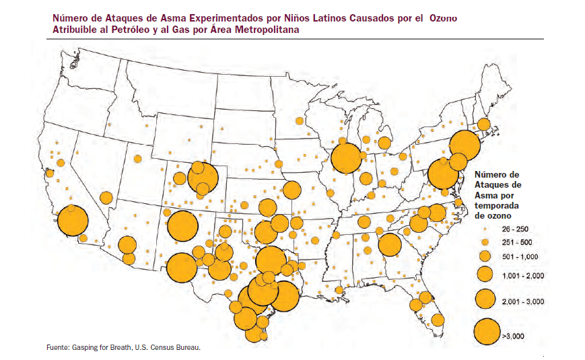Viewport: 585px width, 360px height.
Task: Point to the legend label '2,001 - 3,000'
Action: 522,300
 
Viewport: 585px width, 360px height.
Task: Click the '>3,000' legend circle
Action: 485,330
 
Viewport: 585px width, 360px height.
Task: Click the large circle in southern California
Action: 73,221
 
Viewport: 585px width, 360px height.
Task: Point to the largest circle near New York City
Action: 464,145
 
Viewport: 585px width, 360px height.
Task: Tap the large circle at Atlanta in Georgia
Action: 389,245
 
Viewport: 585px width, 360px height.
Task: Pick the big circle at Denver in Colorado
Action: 203,178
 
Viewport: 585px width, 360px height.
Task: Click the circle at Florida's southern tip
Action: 438,319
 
